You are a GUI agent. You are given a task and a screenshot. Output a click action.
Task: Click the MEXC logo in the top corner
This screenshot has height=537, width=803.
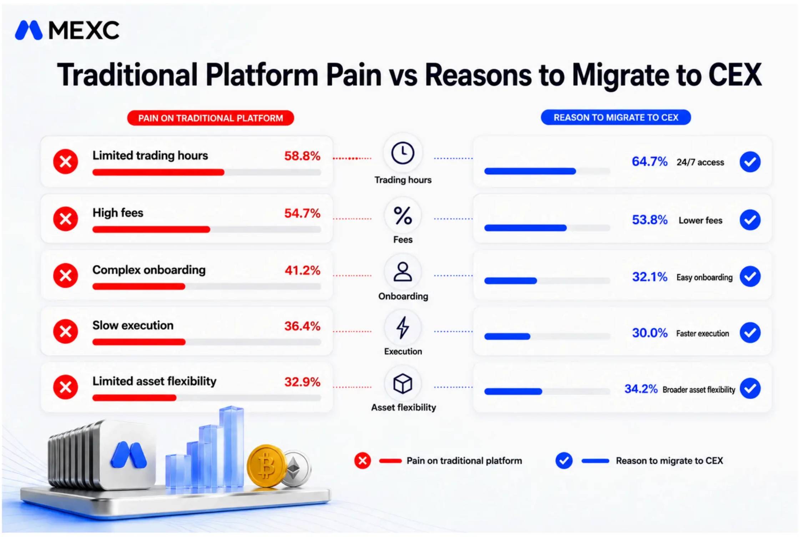(67, 30)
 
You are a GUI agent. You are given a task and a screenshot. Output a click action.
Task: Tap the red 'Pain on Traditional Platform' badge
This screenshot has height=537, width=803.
(211, 118)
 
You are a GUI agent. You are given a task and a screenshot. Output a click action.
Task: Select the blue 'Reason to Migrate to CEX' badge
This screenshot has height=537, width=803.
(616, 117)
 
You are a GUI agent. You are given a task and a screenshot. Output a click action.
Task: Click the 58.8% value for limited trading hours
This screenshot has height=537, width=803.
(302, 156)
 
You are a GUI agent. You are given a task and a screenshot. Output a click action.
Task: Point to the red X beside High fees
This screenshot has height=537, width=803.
(66, 219)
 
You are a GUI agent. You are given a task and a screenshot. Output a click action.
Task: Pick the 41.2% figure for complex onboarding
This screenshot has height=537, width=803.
(302, 270)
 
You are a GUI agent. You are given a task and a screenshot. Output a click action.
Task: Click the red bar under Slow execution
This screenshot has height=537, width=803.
(139, 342)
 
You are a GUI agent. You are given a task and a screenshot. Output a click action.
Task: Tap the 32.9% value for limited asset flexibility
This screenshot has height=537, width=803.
(302, 382)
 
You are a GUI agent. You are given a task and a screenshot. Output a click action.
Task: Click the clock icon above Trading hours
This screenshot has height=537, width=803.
(403, 153)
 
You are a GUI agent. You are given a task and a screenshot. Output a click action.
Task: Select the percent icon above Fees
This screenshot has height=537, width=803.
(403, 216)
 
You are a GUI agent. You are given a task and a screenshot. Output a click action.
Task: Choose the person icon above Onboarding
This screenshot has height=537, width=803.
(403, 272)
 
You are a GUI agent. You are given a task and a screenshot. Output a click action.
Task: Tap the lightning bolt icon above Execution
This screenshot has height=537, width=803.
(403, 328)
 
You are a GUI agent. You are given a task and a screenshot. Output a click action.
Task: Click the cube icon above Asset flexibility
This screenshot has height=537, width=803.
(403, 384)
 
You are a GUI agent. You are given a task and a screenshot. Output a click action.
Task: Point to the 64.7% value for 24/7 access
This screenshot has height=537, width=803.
(650, 162)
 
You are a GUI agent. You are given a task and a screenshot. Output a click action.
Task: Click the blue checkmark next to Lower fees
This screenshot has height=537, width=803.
(750, 219)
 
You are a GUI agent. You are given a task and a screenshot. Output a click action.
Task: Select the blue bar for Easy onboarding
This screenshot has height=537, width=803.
(510, 281)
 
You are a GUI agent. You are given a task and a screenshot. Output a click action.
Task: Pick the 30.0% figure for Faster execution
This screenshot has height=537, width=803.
(650, 333)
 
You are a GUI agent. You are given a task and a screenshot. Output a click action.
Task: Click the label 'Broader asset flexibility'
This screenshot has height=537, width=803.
(699, 390)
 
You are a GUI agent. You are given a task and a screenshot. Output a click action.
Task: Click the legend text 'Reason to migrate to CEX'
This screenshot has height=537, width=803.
(669, 461)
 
